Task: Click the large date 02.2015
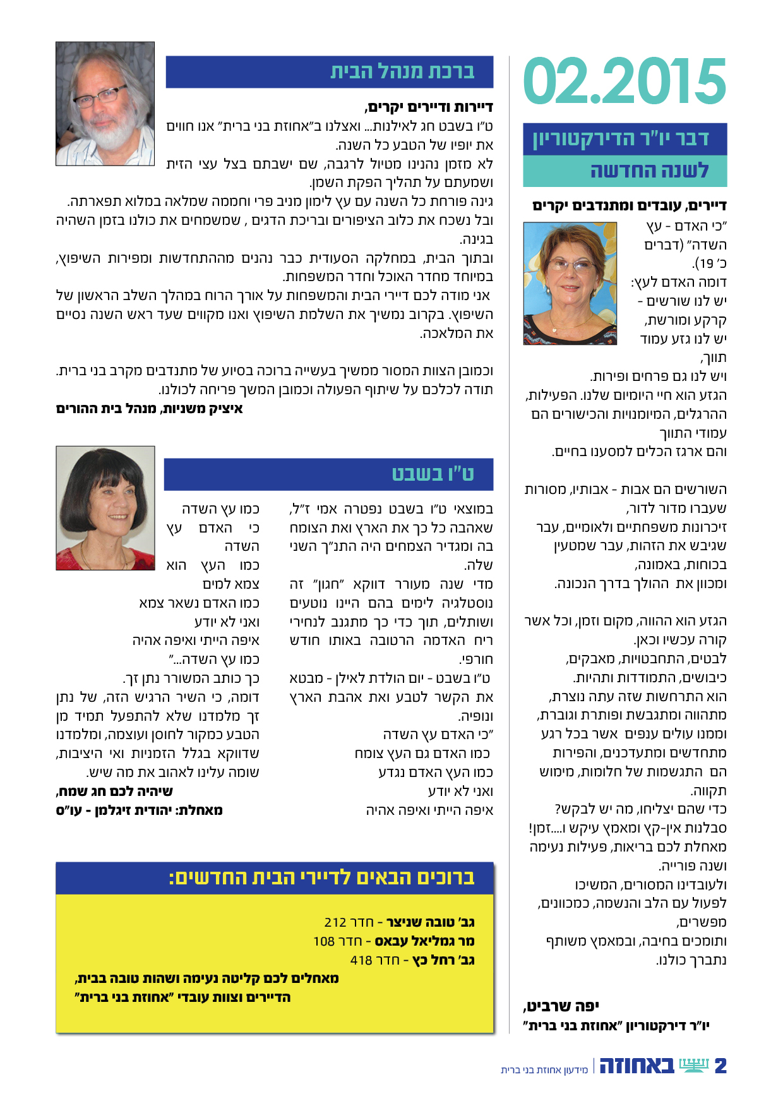tap(625, 81)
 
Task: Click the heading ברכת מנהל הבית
tap(402, 71)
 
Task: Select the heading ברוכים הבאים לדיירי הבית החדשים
tap(322, 877)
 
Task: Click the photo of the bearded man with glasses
tap(105, 104)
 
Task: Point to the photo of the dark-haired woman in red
tap(105, 508)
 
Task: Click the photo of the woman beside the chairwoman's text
tap(570, 283)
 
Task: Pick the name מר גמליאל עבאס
tap(424, 941)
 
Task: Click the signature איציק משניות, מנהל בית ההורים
tap(150, 409)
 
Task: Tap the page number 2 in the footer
tap(720, 1066)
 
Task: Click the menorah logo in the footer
tap(694, 1065)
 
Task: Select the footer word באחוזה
tap(637, 1066)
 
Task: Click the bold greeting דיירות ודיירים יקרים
tap(429, 107)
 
